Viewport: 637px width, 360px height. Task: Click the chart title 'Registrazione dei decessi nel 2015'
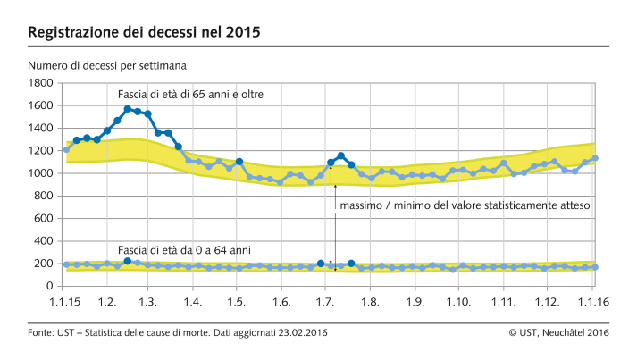[144, 33]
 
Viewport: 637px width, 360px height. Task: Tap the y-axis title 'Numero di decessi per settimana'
[106, 66]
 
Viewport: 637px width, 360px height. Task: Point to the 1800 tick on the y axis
[41, 83]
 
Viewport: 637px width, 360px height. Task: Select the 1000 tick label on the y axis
[41, 173]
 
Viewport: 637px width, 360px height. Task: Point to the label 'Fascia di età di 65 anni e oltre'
[190, 94]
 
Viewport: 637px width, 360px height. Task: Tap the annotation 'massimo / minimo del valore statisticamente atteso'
[465, 205]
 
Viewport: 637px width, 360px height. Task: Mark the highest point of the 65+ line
[128, 109]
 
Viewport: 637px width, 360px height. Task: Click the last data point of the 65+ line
[596, 158]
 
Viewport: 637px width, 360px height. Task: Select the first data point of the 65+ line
[66, 149]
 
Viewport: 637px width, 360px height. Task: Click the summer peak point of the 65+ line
[340, 155]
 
